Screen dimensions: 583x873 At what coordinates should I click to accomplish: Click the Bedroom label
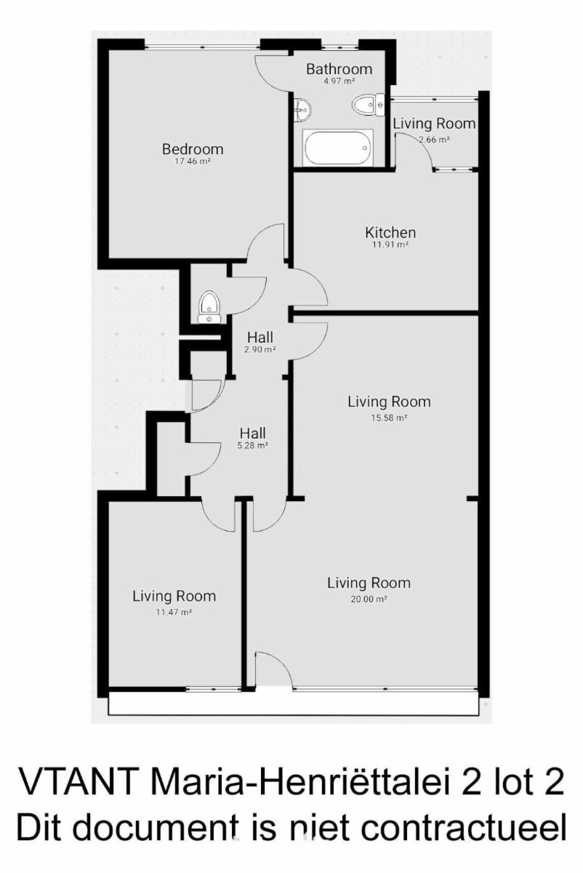point(193,149)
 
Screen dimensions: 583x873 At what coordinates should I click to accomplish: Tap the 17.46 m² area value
point(193,162)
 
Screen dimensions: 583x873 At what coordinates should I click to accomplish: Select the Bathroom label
point(339,69)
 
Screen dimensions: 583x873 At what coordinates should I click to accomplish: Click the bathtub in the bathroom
point(339,148)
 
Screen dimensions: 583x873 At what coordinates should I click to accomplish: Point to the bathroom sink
point(302,109)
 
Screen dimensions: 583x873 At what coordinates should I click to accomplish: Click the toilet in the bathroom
point(369,105)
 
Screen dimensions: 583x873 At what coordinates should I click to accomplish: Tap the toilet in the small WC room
point(209,307)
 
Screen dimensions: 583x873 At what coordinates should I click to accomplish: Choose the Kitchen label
point(390,233)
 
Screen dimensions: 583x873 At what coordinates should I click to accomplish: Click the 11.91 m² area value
point(390,244)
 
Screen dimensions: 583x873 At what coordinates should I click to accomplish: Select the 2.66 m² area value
point(434,140)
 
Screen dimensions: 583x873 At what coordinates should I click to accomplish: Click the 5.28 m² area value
point(253,445)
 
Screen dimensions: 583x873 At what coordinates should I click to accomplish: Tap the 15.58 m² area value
point(389,418)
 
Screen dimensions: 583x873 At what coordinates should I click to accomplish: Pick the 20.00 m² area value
point(369,599)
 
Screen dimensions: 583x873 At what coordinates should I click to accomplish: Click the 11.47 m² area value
point(174,612)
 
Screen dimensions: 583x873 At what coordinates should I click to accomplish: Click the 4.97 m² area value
point(339,81)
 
